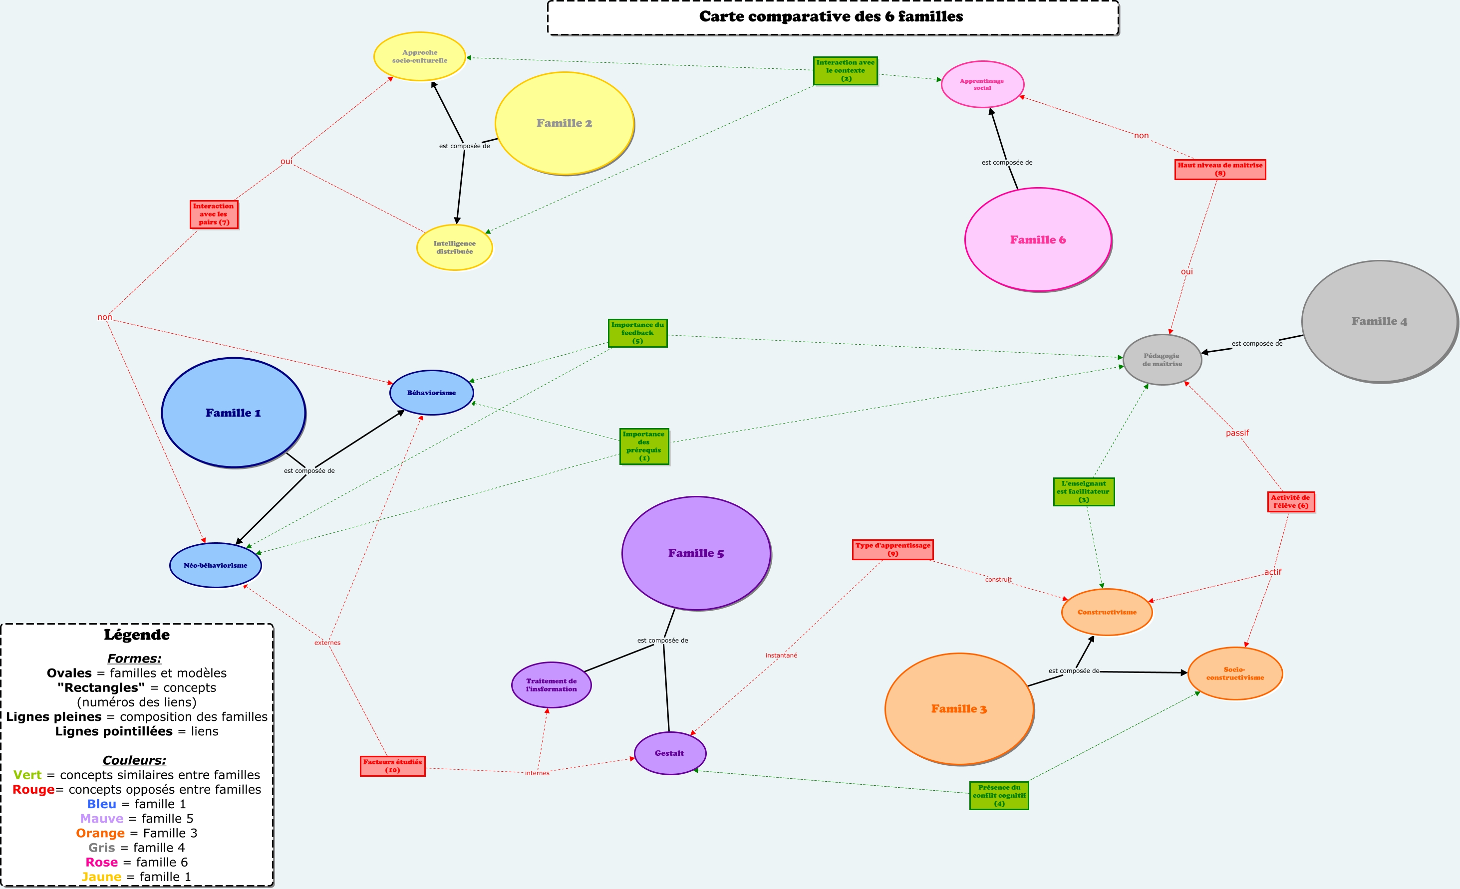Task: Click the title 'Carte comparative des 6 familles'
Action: coord(831,16)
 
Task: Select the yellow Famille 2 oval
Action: coord(564,123)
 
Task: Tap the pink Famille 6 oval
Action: coord(1038,239)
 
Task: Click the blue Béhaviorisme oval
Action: coord(431,393)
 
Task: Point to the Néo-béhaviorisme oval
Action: coord(215,565)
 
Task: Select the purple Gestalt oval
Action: coord(669,753)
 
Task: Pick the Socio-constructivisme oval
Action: coord(1235,673)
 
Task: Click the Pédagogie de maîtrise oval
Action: coord(1162,360)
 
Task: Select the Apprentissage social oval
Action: coord(982,84)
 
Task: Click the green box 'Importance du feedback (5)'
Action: coord(637,333)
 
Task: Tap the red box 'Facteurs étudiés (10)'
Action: coord(392,766)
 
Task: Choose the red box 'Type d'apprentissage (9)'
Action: coord(892,549)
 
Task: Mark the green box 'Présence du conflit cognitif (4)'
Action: coord(999,795)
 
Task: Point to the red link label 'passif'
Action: coord(1237,433)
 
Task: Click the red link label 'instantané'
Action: coord(781,655)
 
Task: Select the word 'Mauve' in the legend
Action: coord(102,819)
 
